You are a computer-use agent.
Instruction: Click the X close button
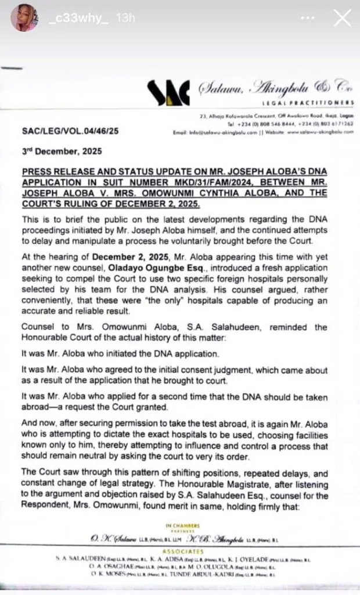(342, 19)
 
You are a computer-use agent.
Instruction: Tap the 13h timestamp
(125, 19)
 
